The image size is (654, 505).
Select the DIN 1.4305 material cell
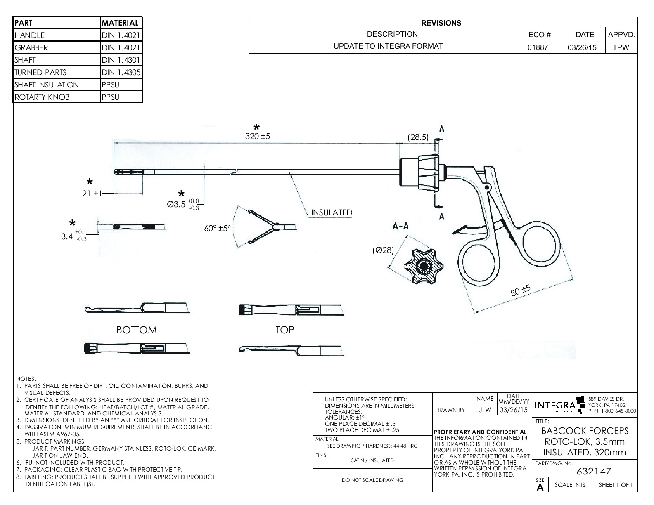point(121,72)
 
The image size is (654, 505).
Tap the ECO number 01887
point(538,47)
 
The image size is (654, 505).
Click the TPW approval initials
point(621,47)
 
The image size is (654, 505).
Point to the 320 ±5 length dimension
point(257,136)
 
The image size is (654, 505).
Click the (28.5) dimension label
point(418,137)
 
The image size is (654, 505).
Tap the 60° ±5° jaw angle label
point(217,228)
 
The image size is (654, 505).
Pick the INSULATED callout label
point(332,212)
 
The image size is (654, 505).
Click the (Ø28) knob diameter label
point(383,250)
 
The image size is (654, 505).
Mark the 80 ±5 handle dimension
point(520,291)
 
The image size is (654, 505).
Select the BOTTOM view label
point(137,330)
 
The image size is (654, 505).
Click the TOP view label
point(285,330)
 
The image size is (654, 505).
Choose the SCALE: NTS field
point(570,485)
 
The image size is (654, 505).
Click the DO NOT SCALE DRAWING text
point(372,480)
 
